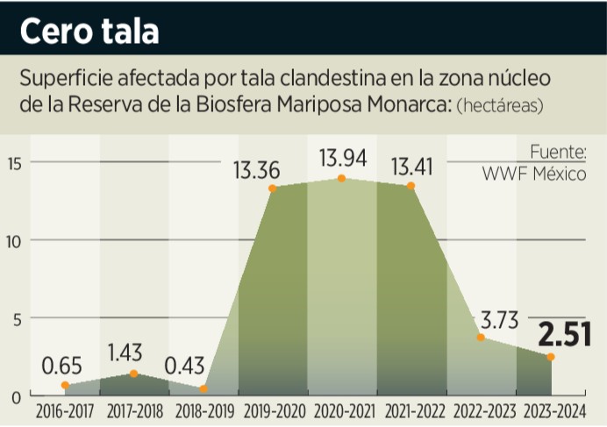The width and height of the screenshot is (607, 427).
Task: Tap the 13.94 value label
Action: point(342,159)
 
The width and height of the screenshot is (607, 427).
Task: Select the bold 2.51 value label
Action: point(563,335)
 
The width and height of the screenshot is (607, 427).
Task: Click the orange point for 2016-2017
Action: point(65,385)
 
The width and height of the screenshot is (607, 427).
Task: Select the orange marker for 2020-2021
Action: point(342,179)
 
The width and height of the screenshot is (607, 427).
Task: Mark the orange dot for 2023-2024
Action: point(550,357)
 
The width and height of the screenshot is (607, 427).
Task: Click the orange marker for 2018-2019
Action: point(204,388)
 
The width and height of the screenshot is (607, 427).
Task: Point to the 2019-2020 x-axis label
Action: point(273,410)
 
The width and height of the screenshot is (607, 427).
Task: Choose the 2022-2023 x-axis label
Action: point(481,410)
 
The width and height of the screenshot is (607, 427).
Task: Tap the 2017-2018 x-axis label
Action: point(134,410)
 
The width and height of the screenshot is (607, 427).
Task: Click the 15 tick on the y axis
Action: point(12,162)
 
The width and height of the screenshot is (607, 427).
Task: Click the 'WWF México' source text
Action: point(534,174)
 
